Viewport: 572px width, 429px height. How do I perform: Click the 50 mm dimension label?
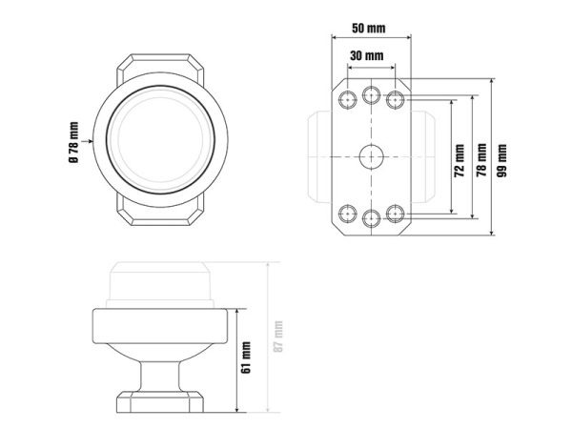(x=368, y=28)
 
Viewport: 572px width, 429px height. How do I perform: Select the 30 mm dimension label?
(x=367, y=56)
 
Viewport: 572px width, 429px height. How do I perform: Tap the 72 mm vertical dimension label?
(x=460, y=160)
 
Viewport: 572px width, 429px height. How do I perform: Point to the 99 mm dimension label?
(x=502, y=160)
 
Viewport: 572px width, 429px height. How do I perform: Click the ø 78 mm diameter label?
(x=73, y=142)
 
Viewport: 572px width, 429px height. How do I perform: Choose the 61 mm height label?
(x=246, y=357)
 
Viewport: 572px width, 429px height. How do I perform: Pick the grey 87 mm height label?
(x=278, y=337)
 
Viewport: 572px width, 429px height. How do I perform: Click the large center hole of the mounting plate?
(x=372, y=157)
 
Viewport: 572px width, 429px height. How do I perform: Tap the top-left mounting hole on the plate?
(x=348, y=99)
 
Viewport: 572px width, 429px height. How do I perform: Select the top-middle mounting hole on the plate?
(x=372, y=94)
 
